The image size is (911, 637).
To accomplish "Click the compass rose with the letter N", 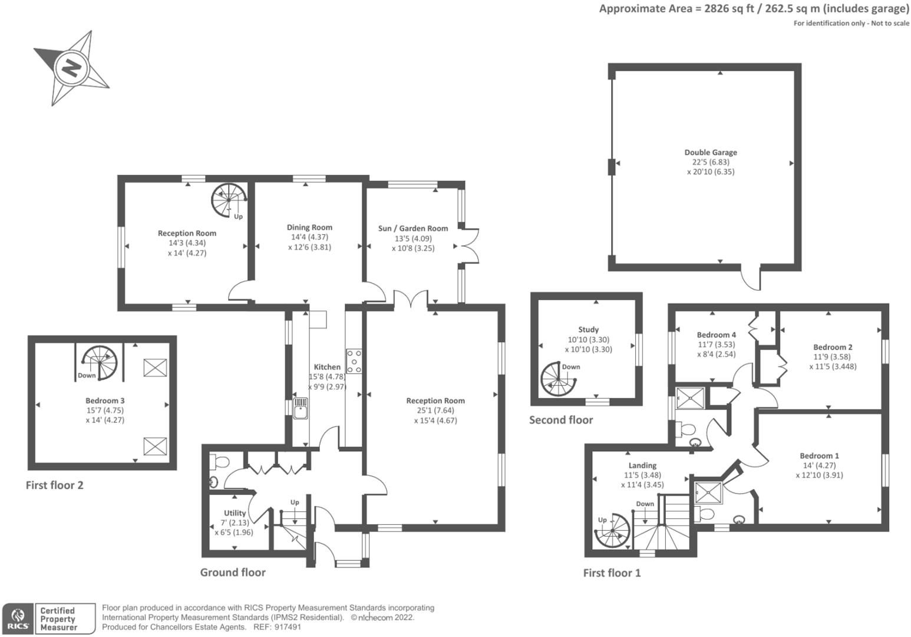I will [x=71, y=68].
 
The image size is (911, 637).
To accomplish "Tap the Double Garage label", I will [x=710, y=152].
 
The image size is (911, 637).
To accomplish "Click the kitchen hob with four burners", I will [x=354, y=361].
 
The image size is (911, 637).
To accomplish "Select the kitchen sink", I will [x=301, y=408].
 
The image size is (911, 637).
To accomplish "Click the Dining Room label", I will [x=309, y=227].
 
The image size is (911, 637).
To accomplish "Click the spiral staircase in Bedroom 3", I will [x=98, y=362].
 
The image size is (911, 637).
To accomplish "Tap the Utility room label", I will [x=235, y=513].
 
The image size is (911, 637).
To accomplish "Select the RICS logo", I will [x=18, y=619].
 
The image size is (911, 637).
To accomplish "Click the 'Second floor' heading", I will [x=560, y=420].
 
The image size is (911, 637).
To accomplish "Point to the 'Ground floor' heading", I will [x=233, y=572].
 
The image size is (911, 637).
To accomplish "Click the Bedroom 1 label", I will [x=819, y=455].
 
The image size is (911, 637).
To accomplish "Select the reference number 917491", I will [x=288, y=627].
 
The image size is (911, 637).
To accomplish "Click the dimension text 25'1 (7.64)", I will [x=435, y=411].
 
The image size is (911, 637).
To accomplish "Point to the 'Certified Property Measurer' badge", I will [x=65, y=619].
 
